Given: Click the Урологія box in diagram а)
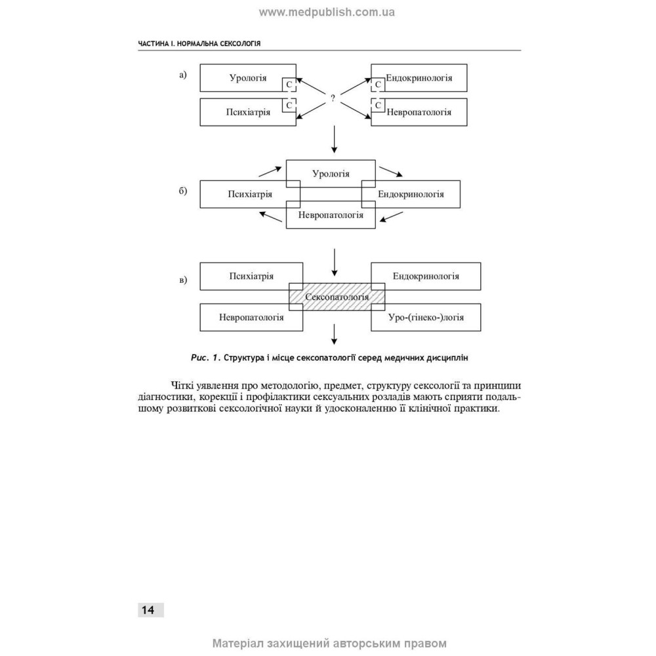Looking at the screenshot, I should click(x=248, y=78).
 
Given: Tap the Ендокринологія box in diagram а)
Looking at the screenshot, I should click(x=419, y=78).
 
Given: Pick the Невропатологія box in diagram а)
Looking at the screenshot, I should click(x=419, y=112).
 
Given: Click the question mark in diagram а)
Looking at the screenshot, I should click(x=333, y=98).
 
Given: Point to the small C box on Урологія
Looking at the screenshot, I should click(x=289, y=85).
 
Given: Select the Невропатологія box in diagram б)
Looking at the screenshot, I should click(x=331, y=215).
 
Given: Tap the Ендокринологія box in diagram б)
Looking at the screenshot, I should click(x=411, y=194).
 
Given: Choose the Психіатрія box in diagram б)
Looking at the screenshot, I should click(x=250, y=194).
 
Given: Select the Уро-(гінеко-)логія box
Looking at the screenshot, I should click(x=426, y=317).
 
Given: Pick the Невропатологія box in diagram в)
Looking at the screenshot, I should click(x=251, y=317).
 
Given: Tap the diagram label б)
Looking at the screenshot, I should click(x=183, y=191).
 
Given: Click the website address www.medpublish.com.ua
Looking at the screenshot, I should click(x=327, y=12).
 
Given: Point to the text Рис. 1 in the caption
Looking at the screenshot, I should click(x=205, y=358).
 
